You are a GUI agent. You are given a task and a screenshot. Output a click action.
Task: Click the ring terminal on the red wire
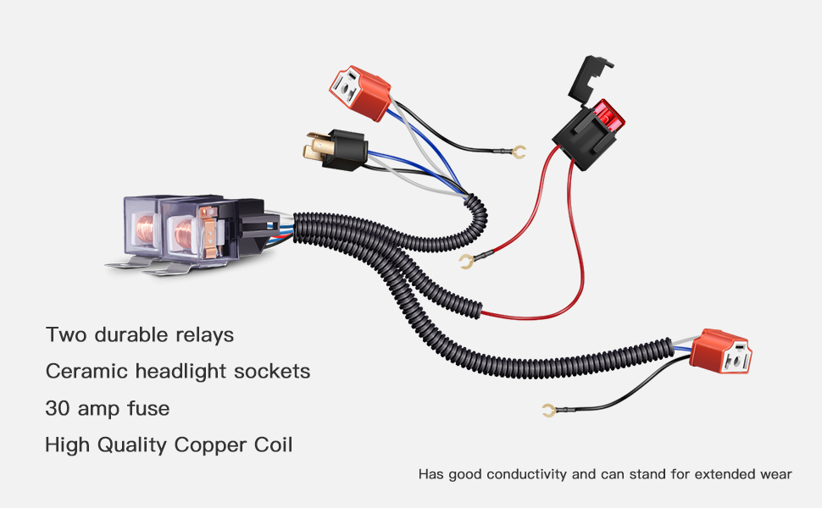pos(464,262)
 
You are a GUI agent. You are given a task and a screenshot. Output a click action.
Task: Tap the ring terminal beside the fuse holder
pos(520,152)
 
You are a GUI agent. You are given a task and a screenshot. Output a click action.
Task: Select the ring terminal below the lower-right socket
pos(547,411)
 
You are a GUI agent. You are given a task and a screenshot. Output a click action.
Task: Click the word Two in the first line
pos(64,334)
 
